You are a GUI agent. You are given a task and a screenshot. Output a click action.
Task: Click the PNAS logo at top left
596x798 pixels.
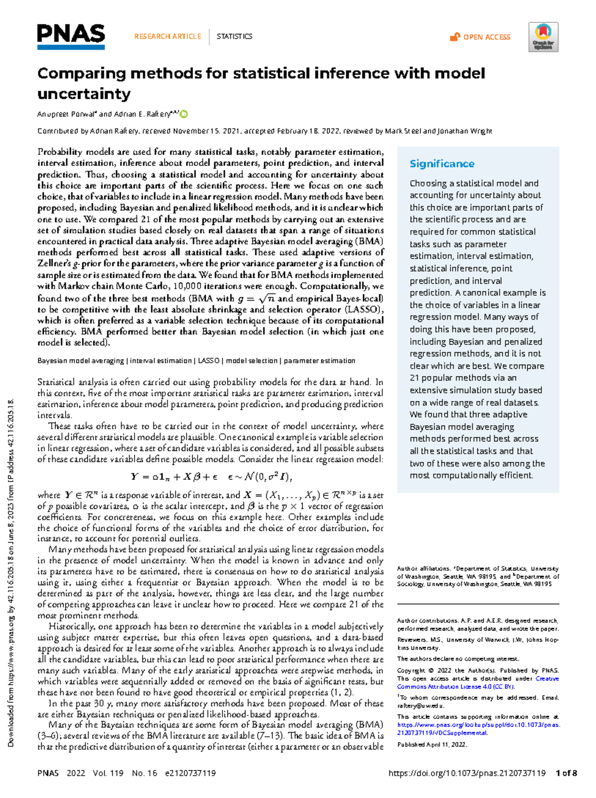click(x=71, y=36)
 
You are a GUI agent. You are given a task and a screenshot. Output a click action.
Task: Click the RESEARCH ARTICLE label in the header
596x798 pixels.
click(x=167, y=36)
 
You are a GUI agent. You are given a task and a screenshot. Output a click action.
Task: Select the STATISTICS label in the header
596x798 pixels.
click(x=234, y=36)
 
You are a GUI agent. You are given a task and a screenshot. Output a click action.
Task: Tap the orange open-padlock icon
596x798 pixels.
click(x=454, y=37)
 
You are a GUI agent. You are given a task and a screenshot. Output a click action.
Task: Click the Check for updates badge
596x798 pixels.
click(x=543, y=37)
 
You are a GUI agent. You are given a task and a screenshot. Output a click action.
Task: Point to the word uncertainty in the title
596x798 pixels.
click(x=84, y=94)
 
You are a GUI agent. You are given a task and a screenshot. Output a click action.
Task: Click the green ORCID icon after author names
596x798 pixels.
click(x=184, y=114)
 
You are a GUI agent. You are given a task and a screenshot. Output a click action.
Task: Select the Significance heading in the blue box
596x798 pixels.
click(x=442, y=163)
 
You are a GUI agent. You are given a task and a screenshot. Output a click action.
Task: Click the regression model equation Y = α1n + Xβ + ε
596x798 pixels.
click(x=211, y=477)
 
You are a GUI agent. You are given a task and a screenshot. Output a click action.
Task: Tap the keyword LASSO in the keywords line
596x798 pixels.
click(x=209, y=361)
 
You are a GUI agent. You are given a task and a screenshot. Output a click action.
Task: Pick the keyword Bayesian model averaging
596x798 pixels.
click(x=80, y=361)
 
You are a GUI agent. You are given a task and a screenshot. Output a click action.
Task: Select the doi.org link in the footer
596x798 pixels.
click(x=466, y=773)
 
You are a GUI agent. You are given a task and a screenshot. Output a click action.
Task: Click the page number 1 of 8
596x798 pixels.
click(x=566, y=773)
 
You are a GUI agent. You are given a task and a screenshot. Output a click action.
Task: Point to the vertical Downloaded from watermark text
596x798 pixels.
click(x=11, y=571)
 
